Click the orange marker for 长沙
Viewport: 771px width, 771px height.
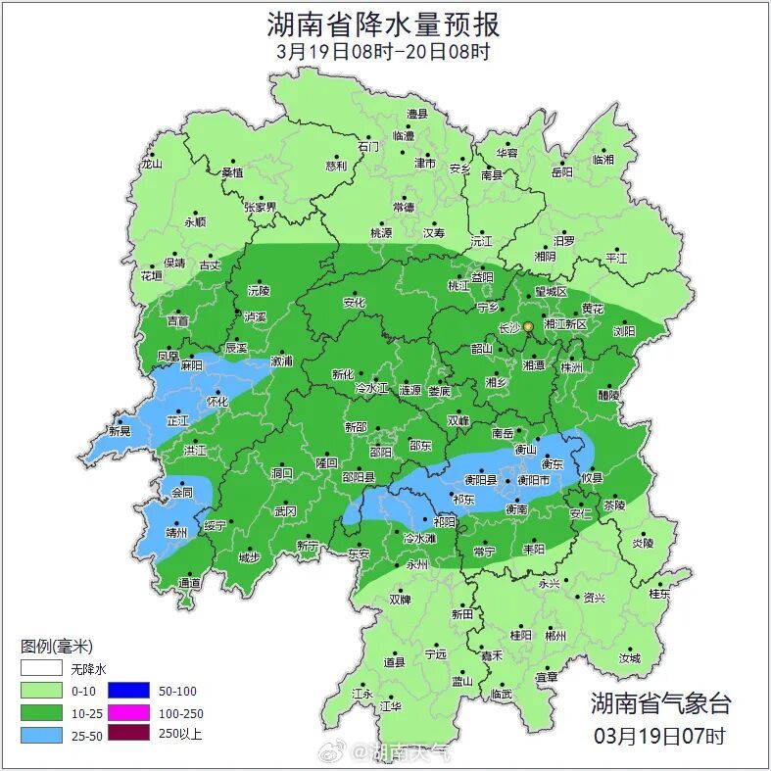click(528, 326)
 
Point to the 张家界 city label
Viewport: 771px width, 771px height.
click(261, 208)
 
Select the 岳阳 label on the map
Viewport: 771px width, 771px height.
click(561, 172)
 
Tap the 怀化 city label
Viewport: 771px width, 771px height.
click(217, 402)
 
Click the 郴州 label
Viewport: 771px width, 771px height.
click(555, 636)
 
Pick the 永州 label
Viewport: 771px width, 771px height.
click(416, 565)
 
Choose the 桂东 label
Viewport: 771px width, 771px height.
click(659, 594)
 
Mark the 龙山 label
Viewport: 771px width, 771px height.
click(151, 165)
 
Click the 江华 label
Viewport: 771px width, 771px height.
click(391, 705)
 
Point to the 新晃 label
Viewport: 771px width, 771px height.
click(120, 431)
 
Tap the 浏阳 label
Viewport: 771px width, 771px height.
click(624, 331)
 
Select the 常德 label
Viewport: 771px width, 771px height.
click(404, 208)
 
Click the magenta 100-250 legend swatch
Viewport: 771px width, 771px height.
click(128, 713)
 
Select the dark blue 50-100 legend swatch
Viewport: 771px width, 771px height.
click(128, 692)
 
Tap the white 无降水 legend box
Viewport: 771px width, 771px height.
click(41, 670)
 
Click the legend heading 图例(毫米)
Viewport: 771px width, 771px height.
click(56, 647)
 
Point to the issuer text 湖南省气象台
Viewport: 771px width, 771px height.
click(660, 702)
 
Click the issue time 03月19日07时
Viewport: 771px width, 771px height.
click(660, 735)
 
